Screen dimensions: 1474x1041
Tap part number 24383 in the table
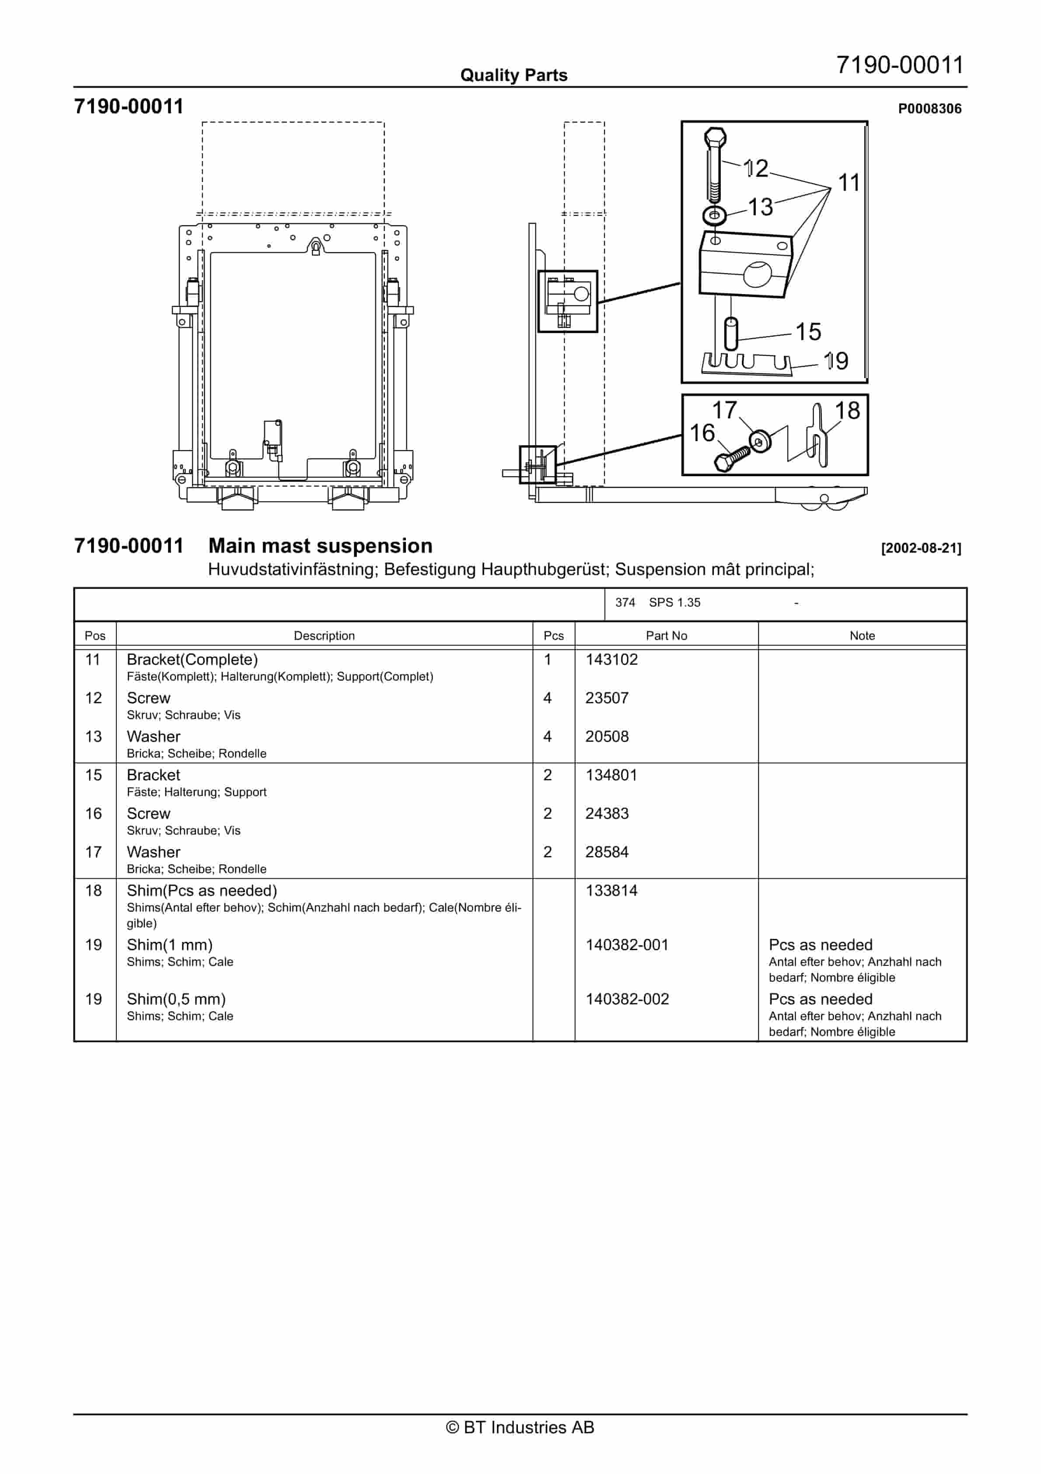point(607,814)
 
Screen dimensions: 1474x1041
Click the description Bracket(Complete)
point(192,660)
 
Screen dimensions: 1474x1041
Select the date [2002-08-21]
point(921,548)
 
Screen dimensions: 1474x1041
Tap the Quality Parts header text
point(514,75)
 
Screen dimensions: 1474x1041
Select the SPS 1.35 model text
point(674,602)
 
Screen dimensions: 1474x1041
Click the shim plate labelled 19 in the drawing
point(746,363)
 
